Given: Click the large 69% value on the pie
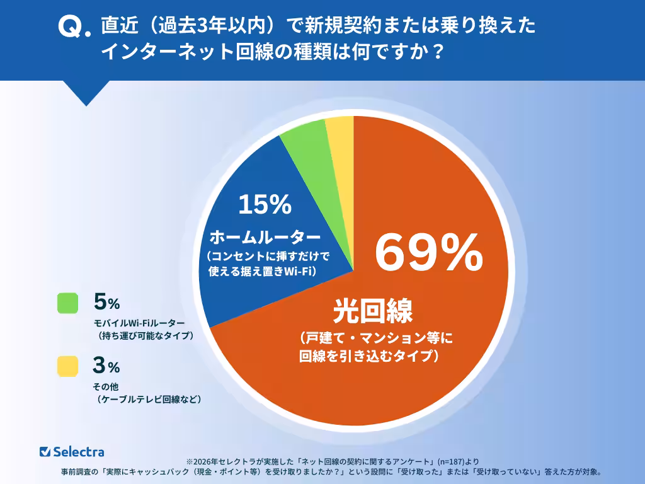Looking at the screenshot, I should pos(428,253).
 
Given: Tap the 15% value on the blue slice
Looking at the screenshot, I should pos(265,204).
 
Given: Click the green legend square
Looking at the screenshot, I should pos(67,303).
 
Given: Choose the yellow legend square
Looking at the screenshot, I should pos(67,366).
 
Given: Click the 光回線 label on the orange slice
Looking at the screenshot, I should pos(373,311).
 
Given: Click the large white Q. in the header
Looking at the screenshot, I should pos(73,27).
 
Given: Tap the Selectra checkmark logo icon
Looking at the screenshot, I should pos(45,451).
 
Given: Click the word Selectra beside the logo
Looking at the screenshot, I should pos(79,451).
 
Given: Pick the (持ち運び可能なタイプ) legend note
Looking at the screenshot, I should pos(145,336).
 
